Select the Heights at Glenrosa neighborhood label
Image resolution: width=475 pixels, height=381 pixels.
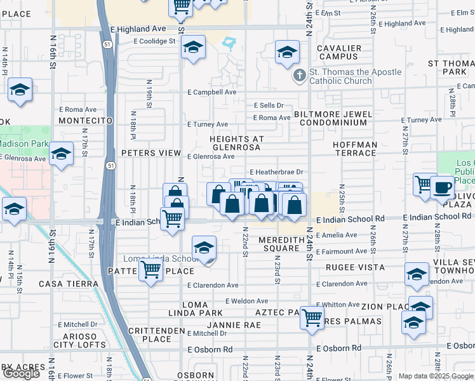pos(236,143)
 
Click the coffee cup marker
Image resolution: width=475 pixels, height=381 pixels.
pos(443,187)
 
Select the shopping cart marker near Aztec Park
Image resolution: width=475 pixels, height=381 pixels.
pos(312,317)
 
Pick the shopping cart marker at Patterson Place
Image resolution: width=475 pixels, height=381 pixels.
pos(151,271)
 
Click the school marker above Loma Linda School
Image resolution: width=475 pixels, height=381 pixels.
pos(204,248)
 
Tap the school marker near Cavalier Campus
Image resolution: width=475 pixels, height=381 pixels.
pos(287,53)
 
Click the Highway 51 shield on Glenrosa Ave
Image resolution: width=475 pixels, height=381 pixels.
pos(111,166)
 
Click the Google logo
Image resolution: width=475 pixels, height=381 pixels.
pos(21,373)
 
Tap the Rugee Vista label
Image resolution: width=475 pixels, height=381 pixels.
pos(356,267)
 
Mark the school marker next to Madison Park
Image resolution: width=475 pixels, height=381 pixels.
pos(61,154)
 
